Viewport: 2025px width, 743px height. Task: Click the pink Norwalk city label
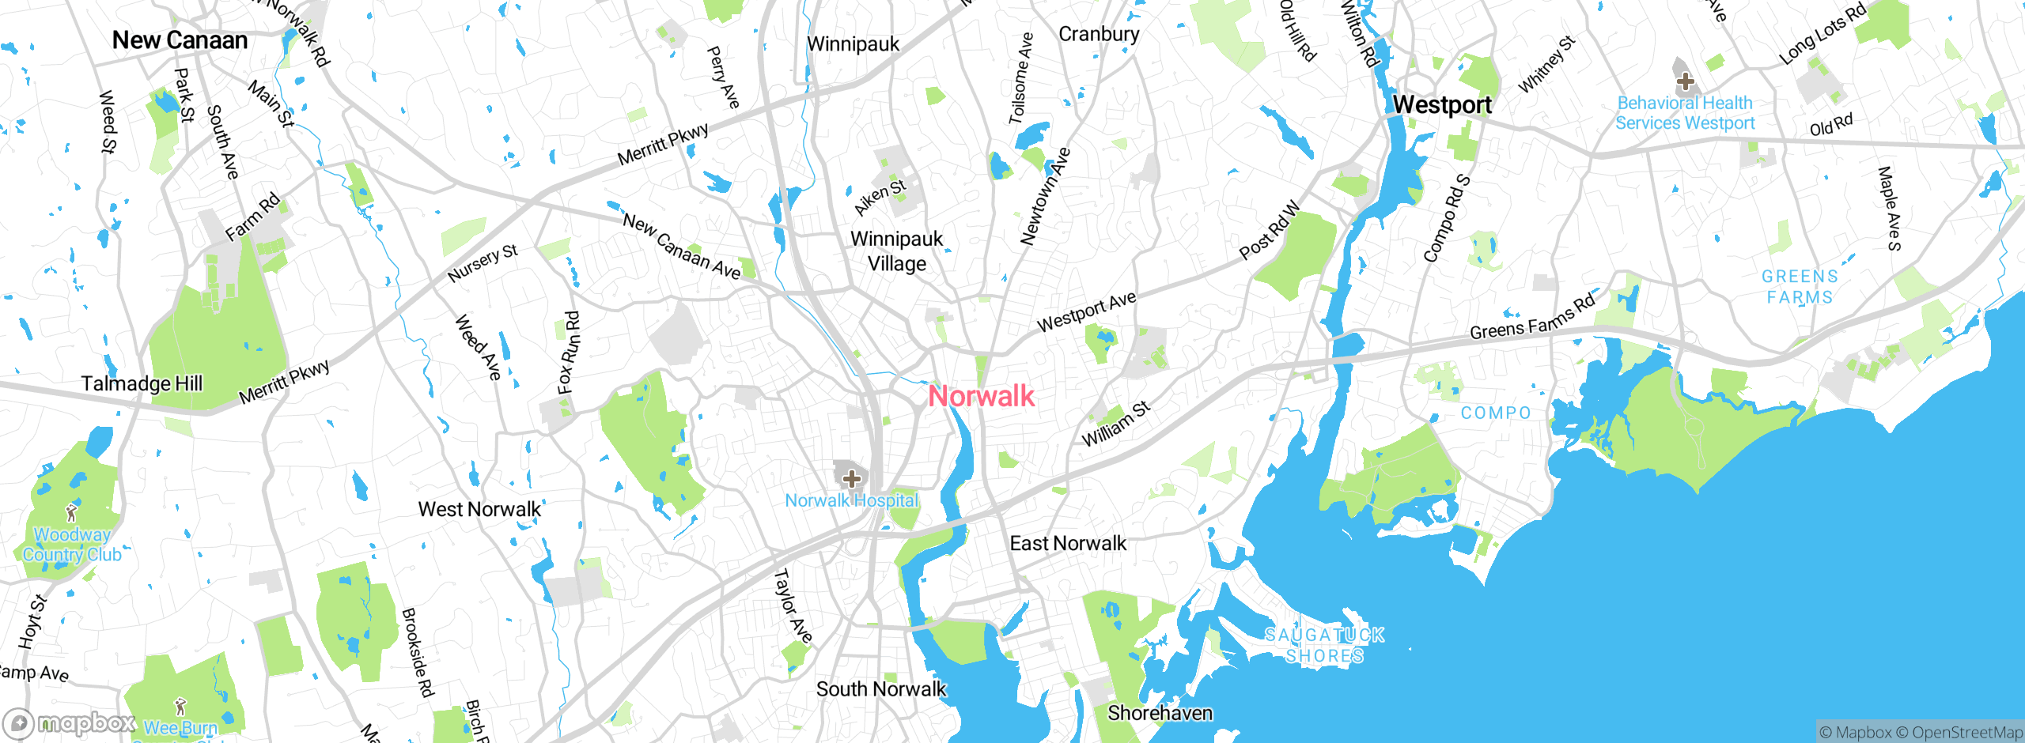click(981, 396)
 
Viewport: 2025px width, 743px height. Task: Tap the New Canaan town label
click(180, 40)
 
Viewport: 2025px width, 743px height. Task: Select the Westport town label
click(1441, 104)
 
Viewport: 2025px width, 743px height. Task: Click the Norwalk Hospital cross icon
click(851, 478)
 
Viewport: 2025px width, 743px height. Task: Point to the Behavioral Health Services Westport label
click(1685, 113)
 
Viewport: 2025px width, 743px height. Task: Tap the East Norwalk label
click(1068, 543)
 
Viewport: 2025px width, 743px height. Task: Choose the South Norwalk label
click(880, 689)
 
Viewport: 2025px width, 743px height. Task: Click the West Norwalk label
click(479, 509)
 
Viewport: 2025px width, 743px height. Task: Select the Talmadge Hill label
click(142, 383)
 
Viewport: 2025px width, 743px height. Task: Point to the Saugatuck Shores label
click(1325, 645)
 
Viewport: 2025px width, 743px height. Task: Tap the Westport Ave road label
click(1086, 311)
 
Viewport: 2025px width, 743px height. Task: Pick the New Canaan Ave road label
click(681, 246)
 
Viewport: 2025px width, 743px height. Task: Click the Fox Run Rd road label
click(569, 352)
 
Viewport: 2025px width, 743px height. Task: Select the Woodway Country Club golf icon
click(71, 513)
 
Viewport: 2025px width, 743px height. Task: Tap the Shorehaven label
click(1160, 713)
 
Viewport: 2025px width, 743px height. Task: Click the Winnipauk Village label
click(896, 251)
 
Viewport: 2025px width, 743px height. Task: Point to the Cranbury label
click(1099, 34)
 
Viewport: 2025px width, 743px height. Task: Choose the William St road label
click(1115, 424)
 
